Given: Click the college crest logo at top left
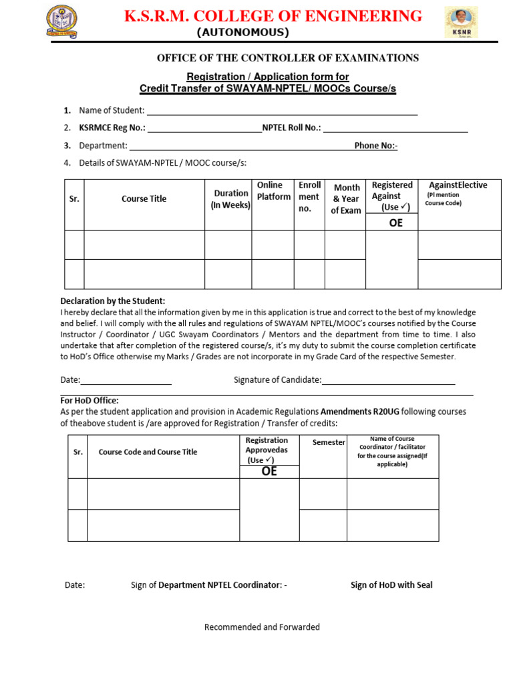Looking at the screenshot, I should point(61,22).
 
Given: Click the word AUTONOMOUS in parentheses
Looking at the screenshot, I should point(242,33).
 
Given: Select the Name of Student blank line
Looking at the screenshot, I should point(281,111).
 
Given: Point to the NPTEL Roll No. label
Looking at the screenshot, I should point(292,128).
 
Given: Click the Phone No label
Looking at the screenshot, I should point(376,146).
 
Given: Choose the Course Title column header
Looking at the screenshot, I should point(144,198).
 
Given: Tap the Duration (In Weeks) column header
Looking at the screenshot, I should point(230,199).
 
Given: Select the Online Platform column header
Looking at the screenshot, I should point(274,191).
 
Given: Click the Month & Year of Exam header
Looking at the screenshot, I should point(346,199).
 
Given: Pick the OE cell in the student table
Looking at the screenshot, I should point(395,223).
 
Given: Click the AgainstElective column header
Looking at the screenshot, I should point(458,185).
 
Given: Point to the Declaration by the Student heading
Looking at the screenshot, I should point(113,301).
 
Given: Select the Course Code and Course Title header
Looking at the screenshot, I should point(148,452).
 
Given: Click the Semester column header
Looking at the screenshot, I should point(329,442).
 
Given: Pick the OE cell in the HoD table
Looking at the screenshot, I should point(269,472).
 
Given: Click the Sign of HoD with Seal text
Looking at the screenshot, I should point(391,585).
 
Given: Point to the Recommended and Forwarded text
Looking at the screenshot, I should point(262,627).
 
